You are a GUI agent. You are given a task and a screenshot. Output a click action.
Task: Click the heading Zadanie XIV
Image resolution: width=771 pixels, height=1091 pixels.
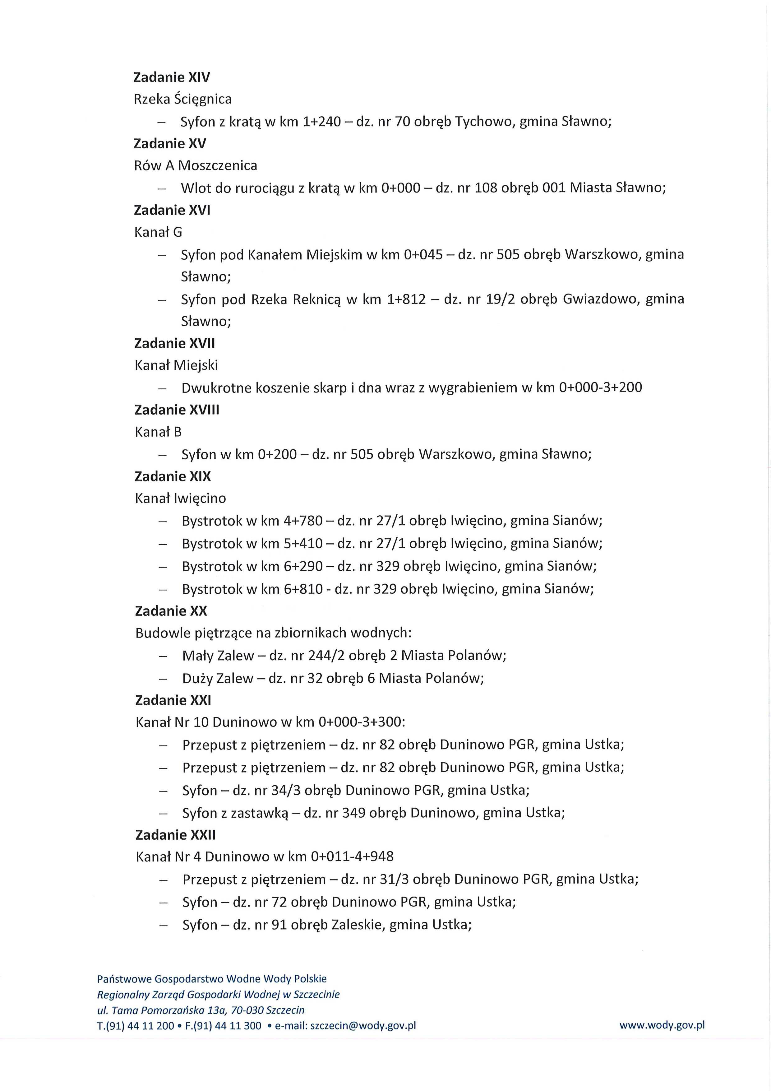[x=172, y=77]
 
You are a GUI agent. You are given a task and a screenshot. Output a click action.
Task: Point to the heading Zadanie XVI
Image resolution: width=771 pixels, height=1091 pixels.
[x=172, y=210]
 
